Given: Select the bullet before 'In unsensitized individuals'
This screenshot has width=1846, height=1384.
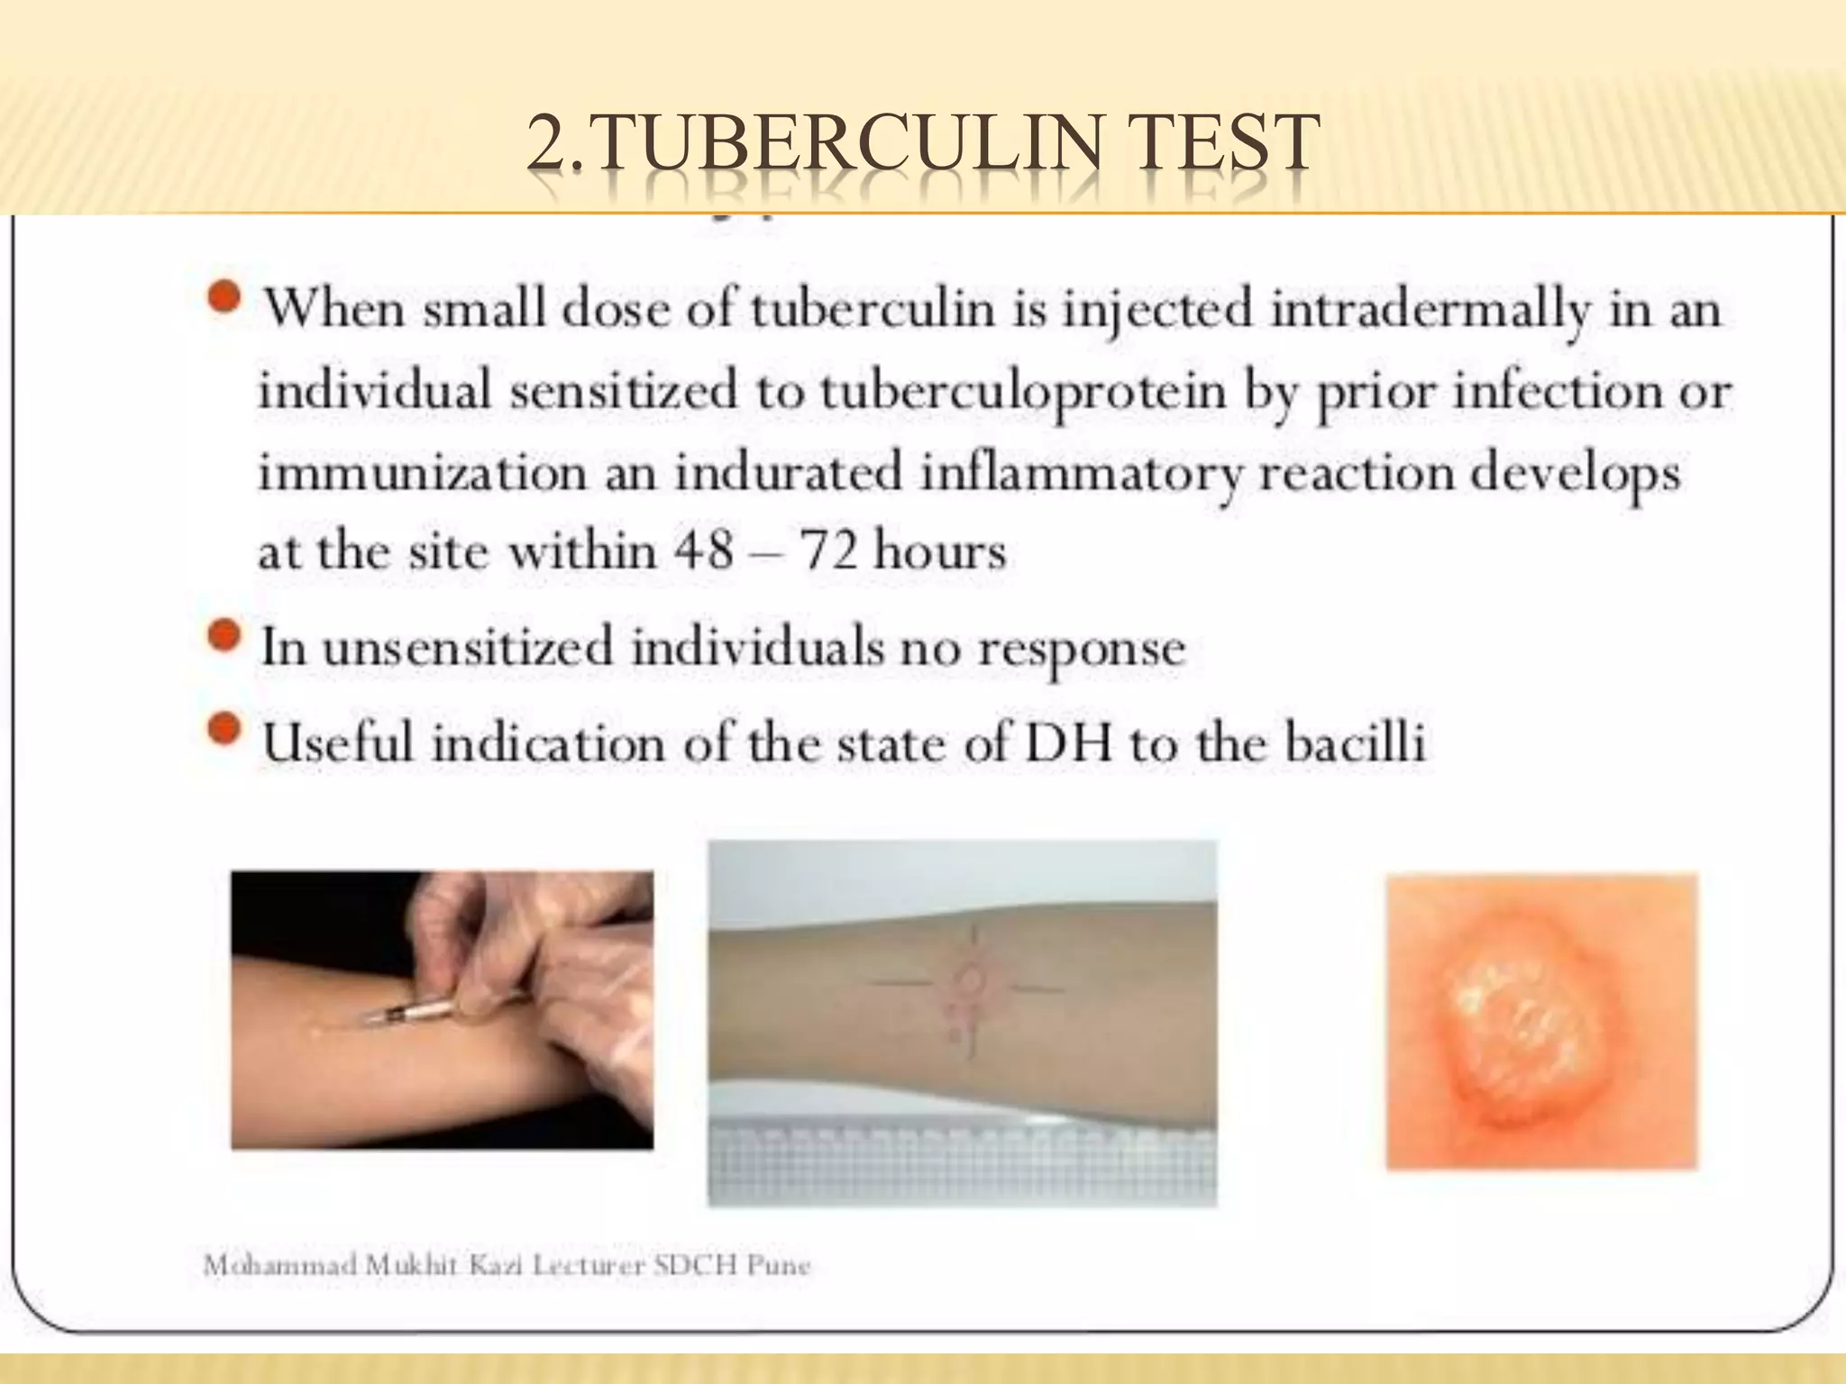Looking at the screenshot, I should point(224,637).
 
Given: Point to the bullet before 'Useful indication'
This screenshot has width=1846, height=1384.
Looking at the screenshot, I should point(224,732).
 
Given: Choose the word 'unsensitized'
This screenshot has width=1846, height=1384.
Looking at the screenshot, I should point(467,647).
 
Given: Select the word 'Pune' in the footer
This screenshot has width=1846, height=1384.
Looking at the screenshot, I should point(783,1266).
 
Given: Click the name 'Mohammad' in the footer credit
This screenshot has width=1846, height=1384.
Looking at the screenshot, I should point(279,1266).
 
